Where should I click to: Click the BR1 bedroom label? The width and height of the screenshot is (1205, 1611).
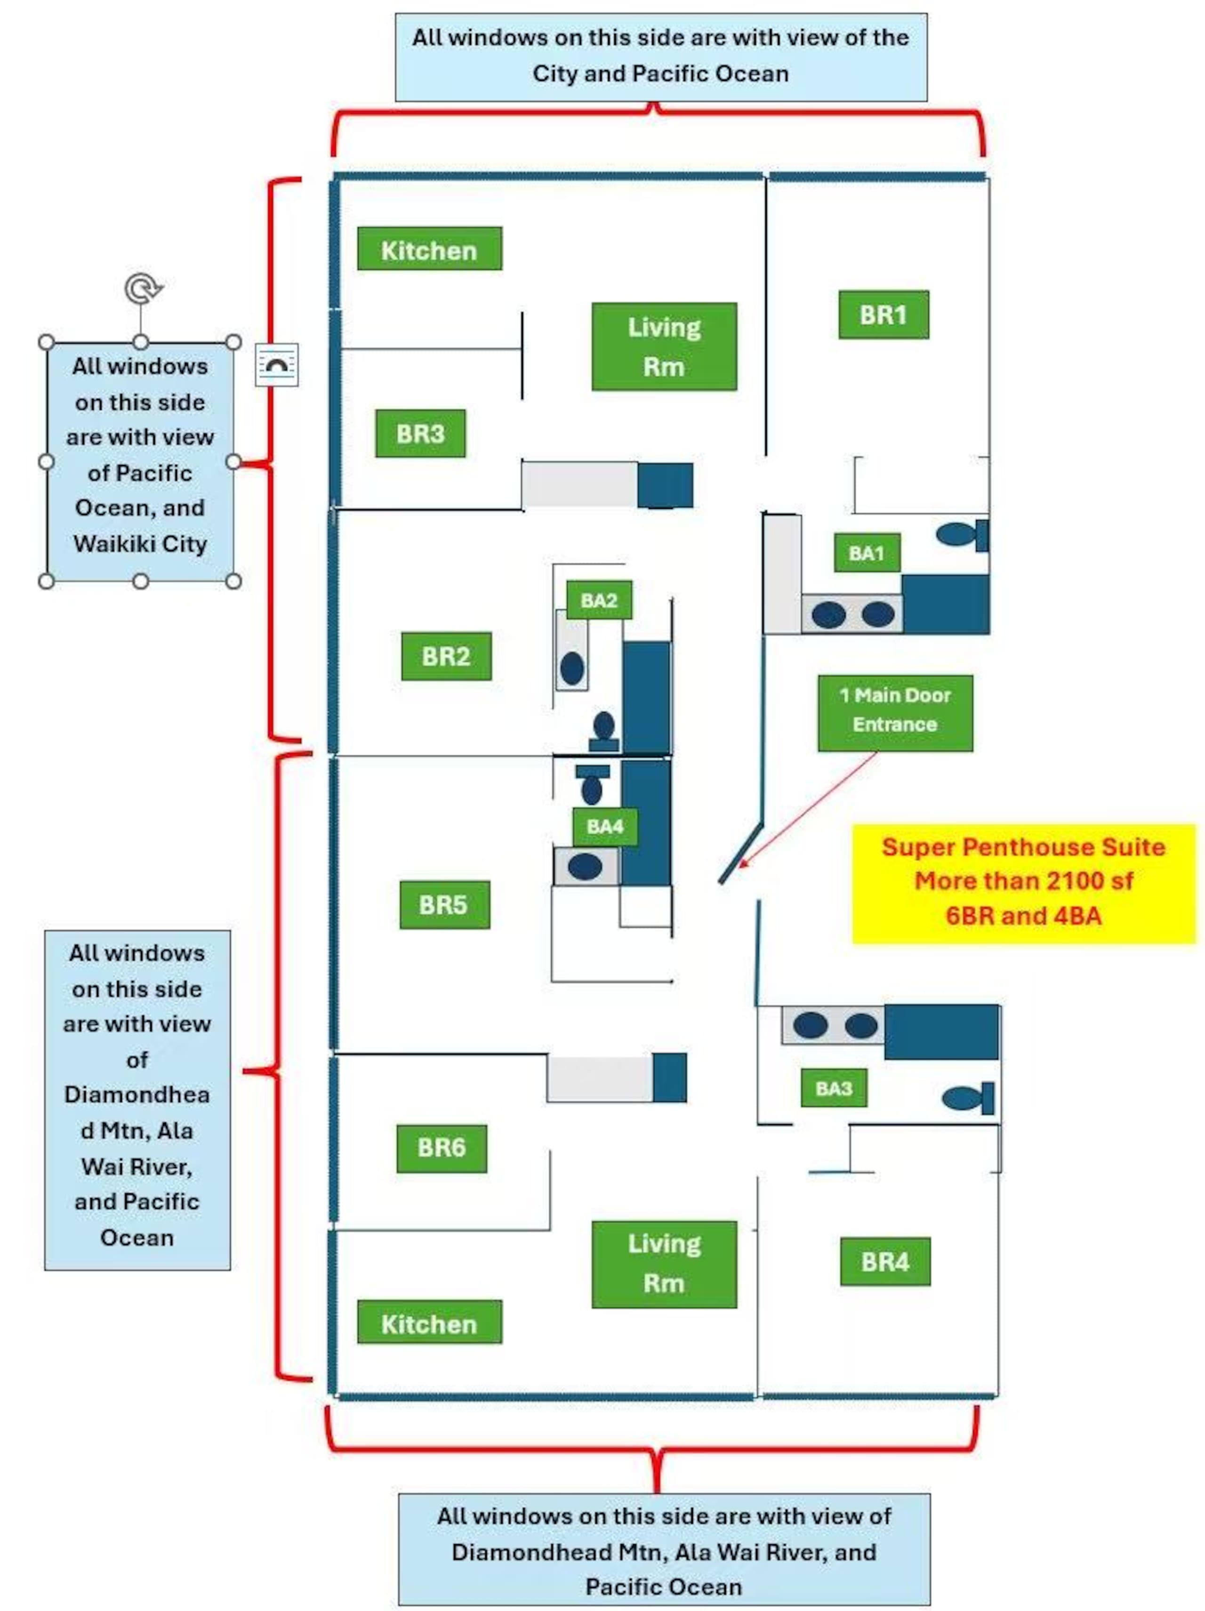click(883, 314)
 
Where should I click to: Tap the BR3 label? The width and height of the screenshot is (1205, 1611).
click(420, 433)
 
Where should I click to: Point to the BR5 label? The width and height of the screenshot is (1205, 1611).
click(444, 904)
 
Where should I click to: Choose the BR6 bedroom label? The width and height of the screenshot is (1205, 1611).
click(441, 1149)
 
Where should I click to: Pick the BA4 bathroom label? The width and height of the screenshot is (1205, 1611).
click(605, 827)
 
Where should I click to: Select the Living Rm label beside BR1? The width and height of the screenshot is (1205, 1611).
click(664, 346)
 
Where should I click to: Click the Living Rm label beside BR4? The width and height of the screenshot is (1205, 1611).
click(664, 1265)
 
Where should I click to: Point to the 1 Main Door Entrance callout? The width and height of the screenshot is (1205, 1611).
click(895, 713)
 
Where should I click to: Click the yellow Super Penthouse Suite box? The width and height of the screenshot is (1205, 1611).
click(1024, 884)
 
